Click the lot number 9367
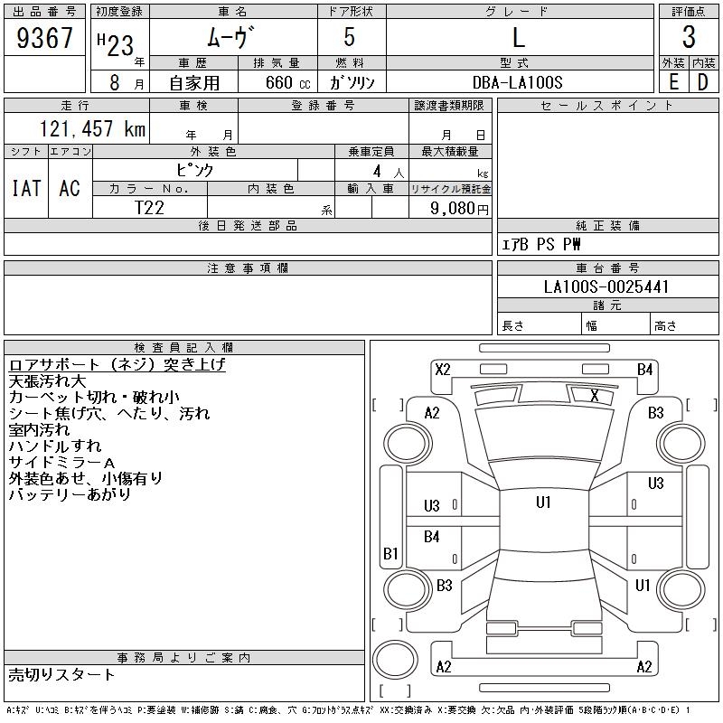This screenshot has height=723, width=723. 45,39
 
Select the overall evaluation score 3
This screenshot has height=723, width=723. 689,38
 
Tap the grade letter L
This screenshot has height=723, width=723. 519,38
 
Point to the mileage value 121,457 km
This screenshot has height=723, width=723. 91,129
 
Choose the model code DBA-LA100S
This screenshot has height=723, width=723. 518,82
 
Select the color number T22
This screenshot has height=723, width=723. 149,207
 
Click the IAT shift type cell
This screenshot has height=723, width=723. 26,188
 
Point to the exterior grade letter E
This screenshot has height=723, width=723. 673,82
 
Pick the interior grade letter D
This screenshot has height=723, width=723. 702,82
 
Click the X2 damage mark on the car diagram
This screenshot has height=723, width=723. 443,369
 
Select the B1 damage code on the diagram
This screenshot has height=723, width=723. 390,553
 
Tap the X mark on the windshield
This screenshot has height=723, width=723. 594,396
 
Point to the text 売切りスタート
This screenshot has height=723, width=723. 62,674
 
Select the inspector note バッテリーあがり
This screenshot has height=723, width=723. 70,494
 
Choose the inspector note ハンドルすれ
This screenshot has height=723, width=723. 55,446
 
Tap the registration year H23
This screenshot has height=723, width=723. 114,39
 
